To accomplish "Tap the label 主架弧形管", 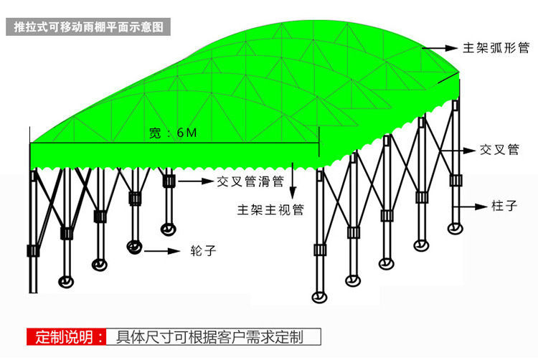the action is (x=496, y=48).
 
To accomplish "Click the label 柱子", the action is (x=504, y=206).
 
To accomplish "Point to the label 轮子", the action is (x=203, y=251).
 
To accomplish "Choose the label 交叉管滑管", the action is (x=250, y=181).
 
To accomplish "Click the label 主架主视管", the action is (x=271, y=210).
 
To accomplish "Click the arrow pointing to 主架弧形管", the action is (x=440, y=48).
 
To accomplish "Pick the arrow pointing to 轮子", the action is (x=162, y=251).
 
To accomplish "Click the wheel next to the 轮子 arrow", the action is (x=133, y=247).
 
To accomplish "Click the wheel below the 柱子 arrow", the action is (x=454, y=228).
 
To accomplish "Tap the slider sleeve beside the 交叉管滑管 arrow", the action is (x=169, y=181).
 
